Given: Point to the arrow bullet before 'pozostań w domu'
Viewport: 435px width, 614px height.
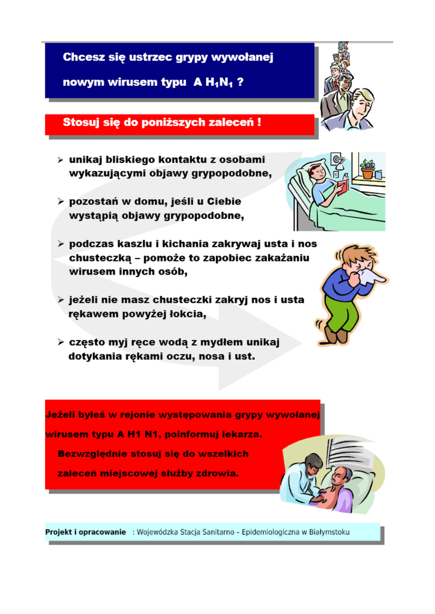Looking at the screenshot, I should [x=61, y=203].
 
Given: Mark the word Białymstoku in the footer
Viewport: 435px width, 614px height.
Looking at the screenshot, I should [x=329, y=531].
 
